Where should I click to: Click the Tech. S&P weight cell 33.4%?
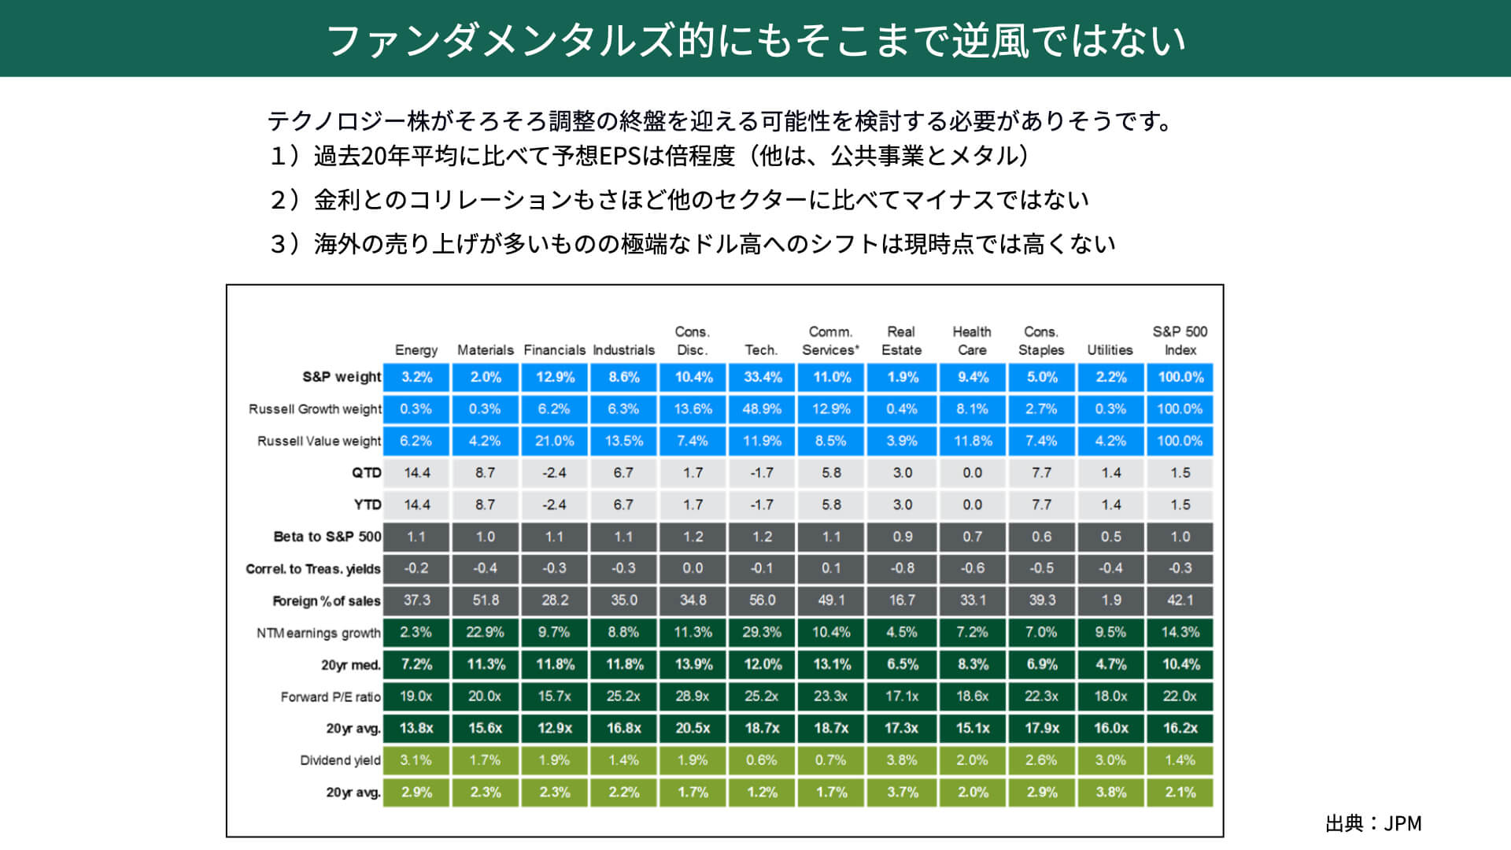click(763, 377)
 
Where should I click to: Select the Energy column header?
click(416, 349)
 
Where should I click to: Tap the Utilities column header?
click(1110, 349)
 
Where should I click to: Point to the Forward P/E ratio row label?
click(331, 697)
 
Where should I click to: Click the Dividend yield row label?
click(340, 760)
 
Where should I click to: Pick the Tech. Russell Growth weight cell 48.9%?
click(763, 409)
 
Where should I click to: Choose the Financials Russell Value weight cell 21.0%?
click(555, 441)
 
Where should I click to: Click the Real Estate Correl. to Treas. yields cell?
click(902, 568)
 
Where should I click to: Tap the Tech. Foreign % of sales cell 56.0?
click(763, 601)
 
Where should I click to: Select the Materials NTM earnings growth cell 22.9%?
click(486, 632)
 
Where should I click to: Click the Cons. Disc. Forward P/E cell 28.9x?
click(693, 697)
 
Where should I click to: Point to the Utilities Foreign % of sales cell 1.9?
click(1110, 601)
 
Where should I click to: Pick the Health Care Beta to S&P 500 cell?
click(972, 537)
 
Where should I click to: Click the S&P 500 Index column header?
click(1180, 341)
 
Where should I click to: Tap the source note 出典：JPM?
click(1373, 823)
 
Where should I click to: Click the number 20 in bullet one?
click(373, 156)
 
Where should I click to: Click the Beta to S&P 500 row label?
click(327, 537)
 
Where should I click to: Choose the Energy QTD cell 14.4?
click(416, 473)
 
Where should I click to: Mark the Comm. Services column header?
click(831, 341)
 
